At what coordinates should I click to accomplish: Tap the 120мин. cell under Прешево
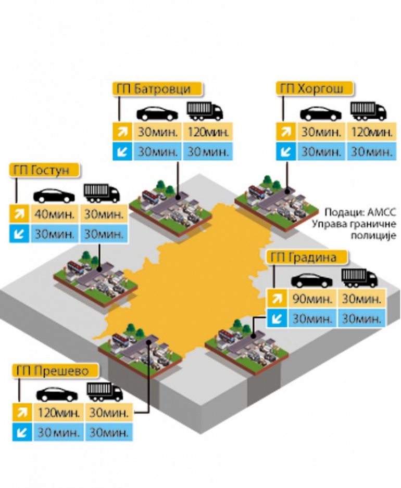point(58,413)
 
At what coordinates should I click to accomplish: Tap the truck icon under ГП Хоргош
point(368,111)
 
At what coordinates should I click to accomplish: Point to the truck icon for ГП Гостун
point(102,192)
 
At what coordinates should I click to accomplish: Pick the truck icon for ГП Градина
point(359,278)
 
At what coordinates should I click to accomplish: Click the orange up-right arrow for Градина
point(275,300)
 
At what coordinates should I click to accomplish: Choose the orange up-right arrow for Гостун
point(19,214)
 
